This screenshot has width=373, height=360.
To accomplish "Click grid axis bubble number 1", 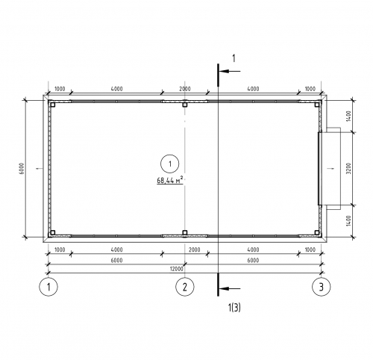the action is (x=48, y=287).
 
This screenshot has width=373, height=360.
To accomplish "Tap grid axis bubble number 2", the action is (x=185, y=287).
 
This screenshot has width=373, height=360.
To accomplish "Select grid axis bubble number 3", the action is (x=322, y=287).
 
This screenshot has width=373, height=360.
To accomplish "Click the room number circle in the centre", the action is (x=170, y=164).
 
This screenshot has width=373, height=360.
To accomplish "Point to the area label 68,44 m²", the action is (x=170, y=180).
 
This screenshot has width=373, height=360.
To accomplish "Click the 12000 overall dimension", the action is (x=177, y=269).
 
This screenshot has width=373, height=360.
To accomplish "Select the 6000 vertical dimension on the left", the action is (x=22, y=169).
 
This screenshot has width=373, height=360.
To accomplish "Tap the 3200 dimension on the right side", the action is (x=348, y=169).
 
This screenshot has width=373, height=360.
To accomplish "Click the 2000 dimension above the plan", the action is (x=185, y=89).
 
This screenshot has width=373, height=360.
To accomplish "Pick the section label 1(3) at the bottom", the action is (x=234, y=308).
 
